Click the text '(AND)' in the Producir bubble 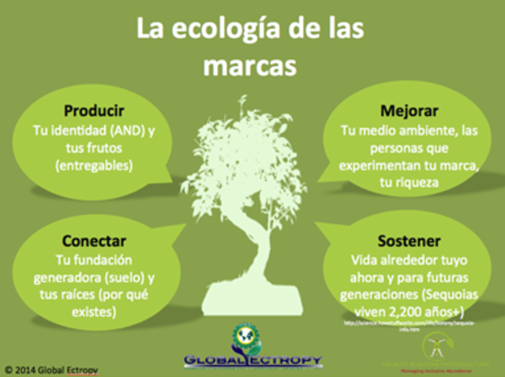[x=132, y=129]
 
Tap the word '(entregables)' [x=95, y=166]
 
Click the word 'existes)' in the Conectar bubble [x=95, y=312]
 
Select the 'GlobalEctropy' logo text [x=252, y=360]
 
